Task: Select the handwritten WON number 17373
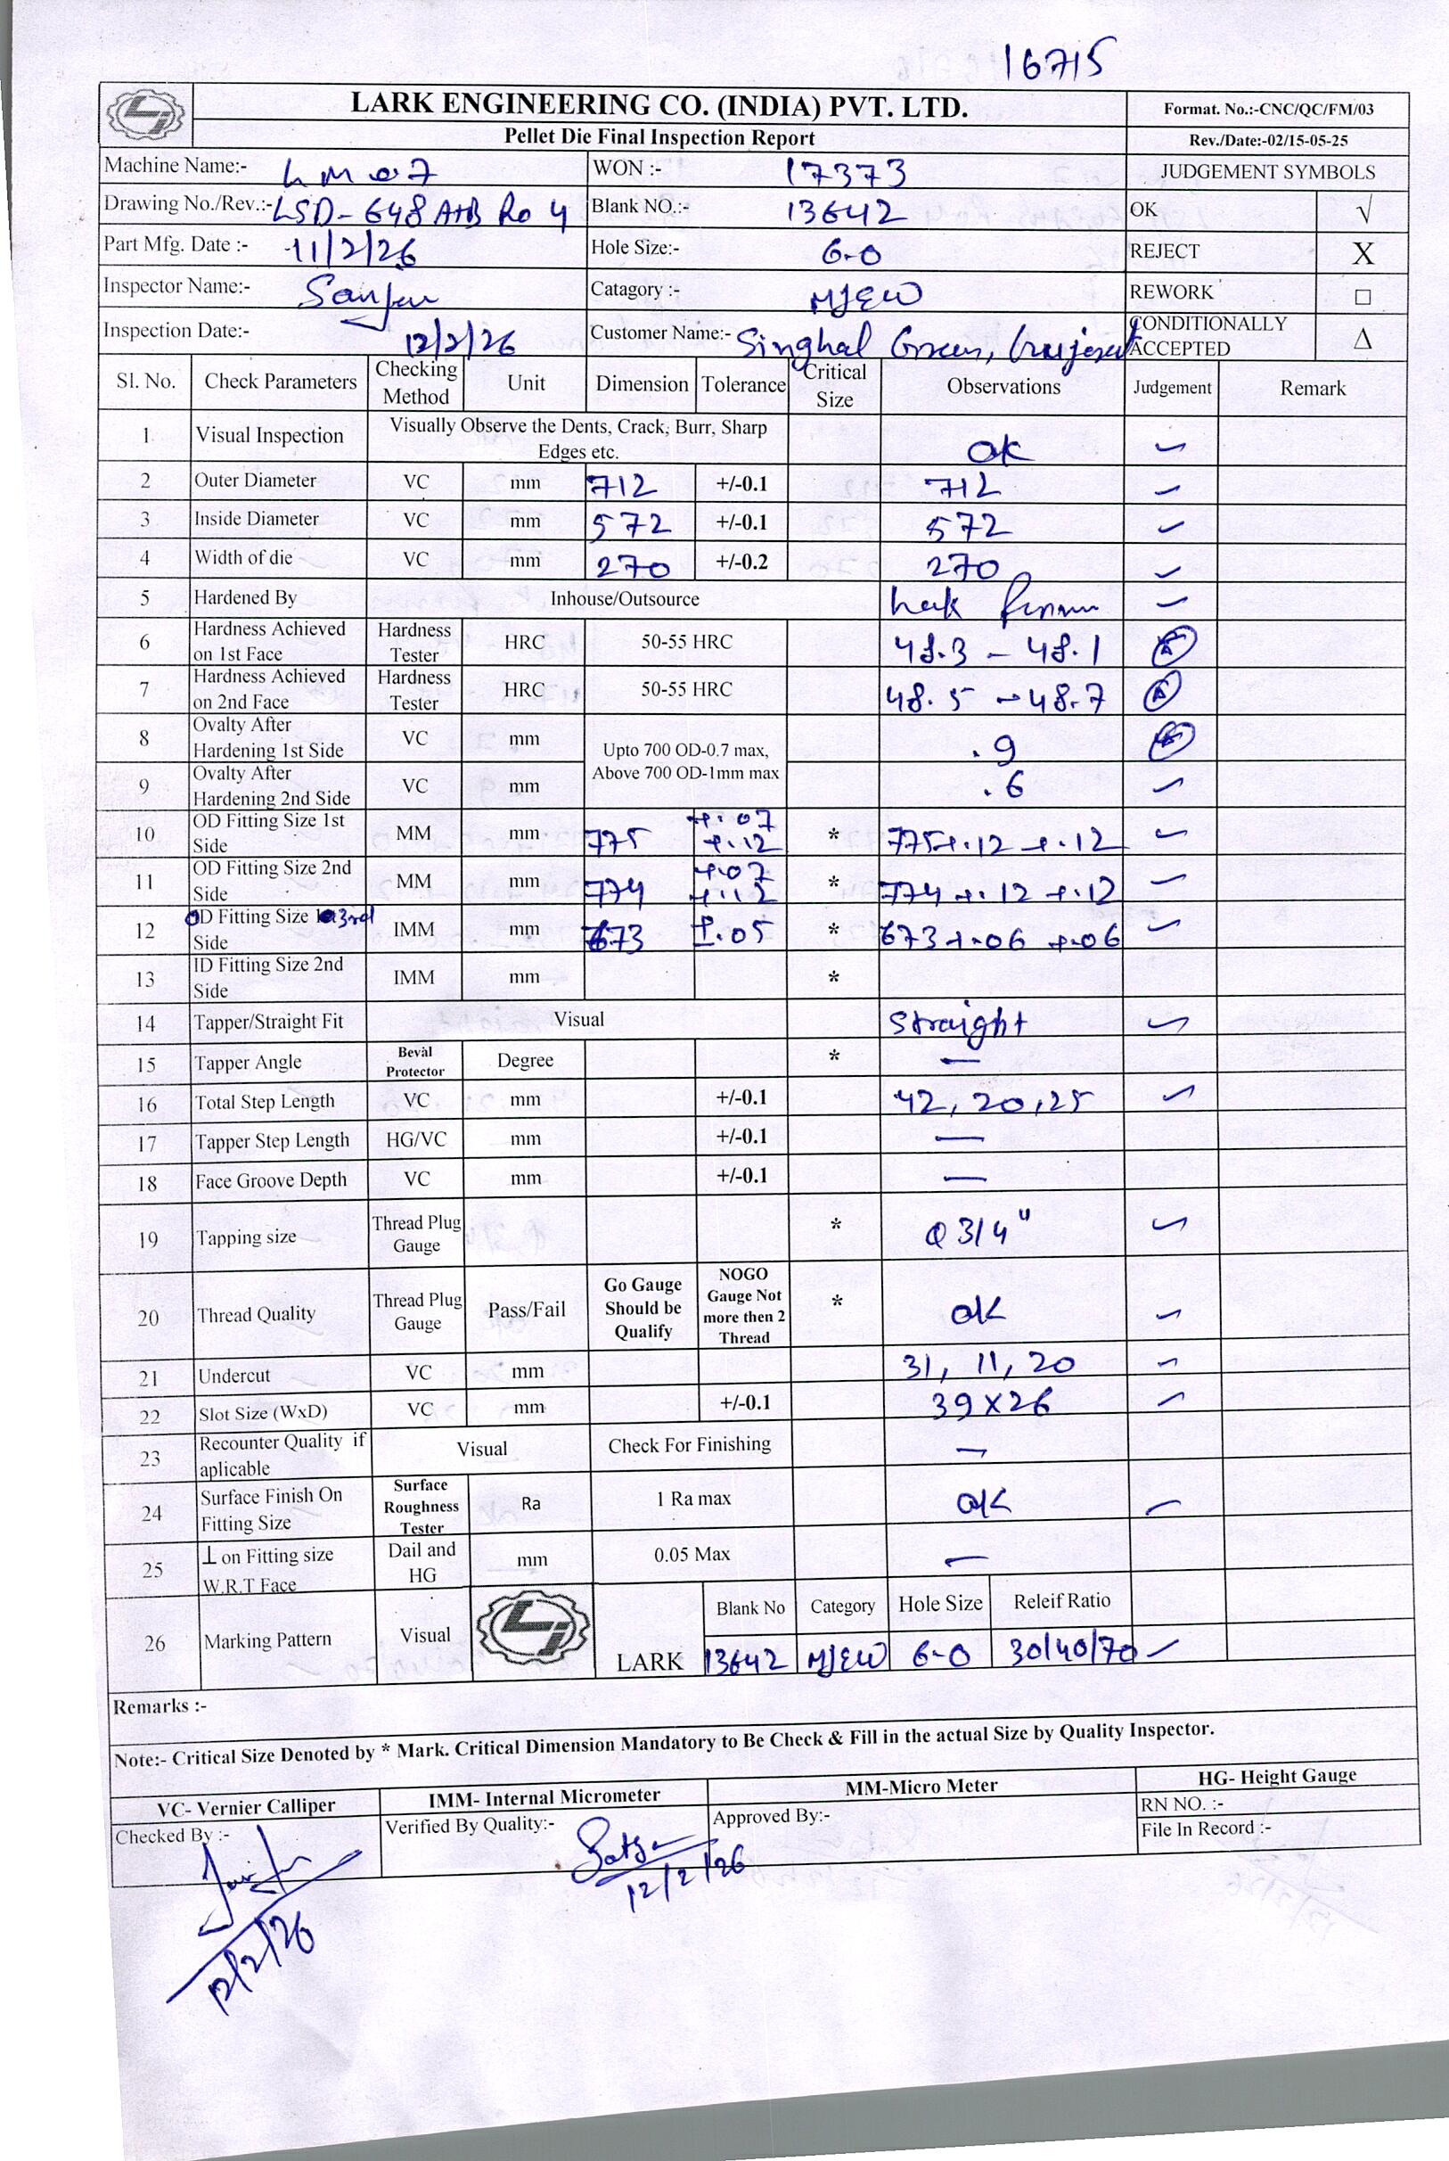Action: [845, 172]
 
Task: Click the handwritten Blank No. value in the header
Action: [845, 212]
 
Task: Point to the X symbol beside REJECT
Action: [1363, 252]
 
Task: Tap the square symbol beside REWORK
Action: [1363, 297]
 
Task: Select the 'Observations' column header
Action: [1003, 386]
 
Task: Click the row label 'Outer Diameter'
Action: [255, 481]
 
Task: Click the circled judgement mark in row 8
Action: [1171, 739]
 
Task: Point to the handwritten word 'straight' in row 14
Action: [957, 1024]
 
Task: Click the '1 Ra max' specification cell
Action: [692, 1499]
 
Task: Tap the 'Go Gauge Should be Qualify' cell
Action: [643, 1308]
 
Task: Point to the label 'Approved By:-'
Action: [771, 1816]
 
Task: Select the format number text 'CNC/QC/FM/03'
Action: [1316, 109]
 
